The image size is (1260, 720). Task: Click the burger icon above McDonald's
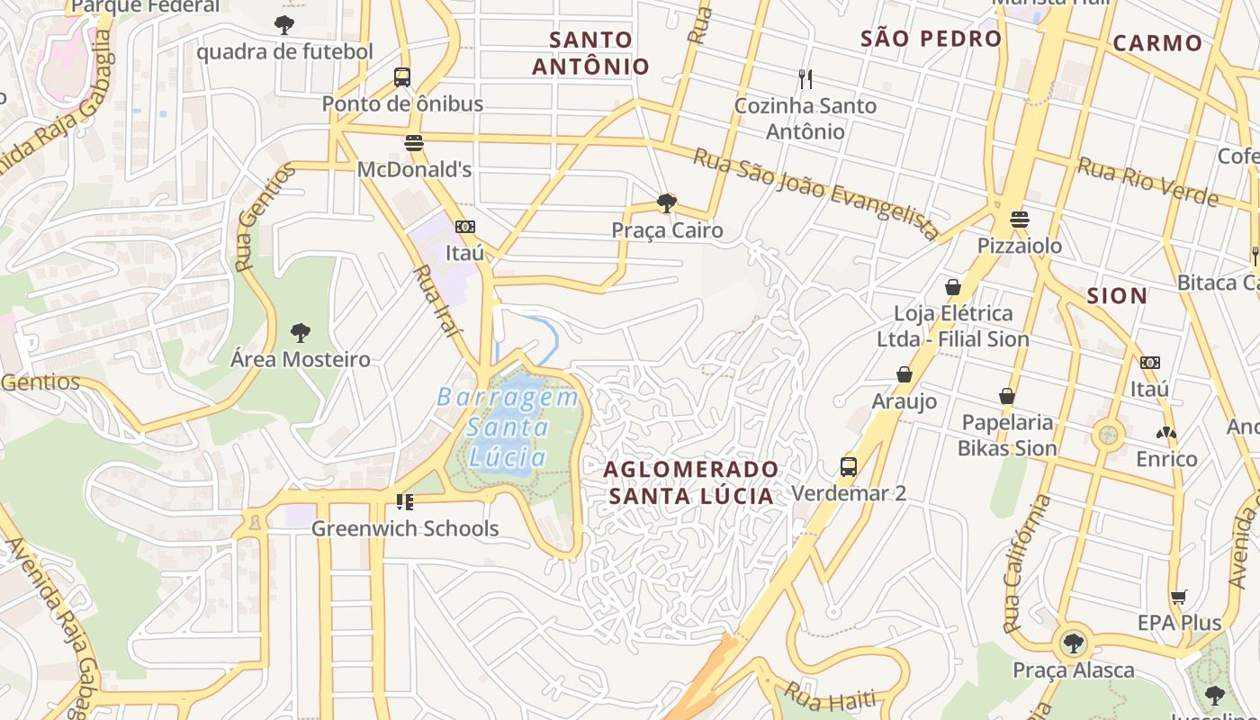tap(414, 143)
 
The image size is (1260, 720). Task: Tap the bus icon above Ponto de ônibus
tap(402, 77)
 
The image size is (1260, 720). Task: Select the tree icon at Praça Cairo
tap(667, 203)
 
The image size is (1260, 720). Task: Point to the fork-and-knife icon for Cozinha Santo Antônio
tap(805, 79)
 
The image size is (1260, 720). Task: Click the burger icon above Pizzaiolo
tap(1019, 219)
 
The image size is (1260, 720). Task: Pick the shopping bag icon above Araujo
tap(904, 374)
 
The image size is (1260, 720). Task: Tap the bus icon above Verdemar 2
tap(849, 466)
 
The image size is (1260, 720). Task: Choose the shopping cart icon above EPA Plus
tap(1179, 597)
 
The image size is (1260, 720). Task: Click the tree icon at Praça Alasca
tap(1073, 643)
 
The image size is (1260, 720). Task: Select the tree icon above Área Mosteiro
tap(301, 333)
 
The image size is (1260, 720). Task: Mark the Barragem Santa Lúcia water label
tap(508, 427)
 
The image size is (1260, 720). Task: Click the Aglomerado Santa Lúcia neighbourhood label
tap(691, 482)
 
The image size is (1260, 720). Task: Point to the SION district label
tap(1117, 296)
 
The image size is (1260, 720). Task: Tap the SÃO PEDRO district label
tap(931, 39)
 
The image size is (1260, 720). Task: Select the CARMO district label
tap(1157, 43)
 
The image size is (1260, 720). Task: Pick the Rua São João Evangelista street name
tap(816, 193)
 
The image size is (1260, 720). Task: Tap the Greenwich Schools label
tap(405, 528)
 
